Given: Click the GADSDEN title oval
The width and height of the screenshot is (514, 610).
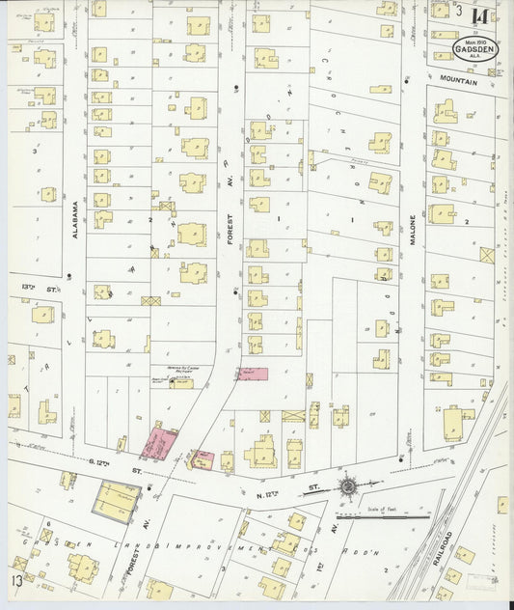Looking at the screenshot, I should coord(476,49).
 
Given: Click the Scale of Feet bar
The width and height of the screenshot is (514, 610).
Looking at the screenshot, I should coord(395,516).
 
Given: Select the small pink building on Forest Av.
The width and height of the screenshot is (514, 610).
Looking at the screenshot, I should coord(253,373).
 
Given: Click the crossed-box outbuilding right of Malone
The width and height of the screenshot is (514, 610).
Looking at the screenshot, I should coord(486,255).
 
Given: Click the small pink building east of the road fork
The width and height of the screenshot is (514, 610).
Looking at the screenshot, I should coord(203,459).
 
